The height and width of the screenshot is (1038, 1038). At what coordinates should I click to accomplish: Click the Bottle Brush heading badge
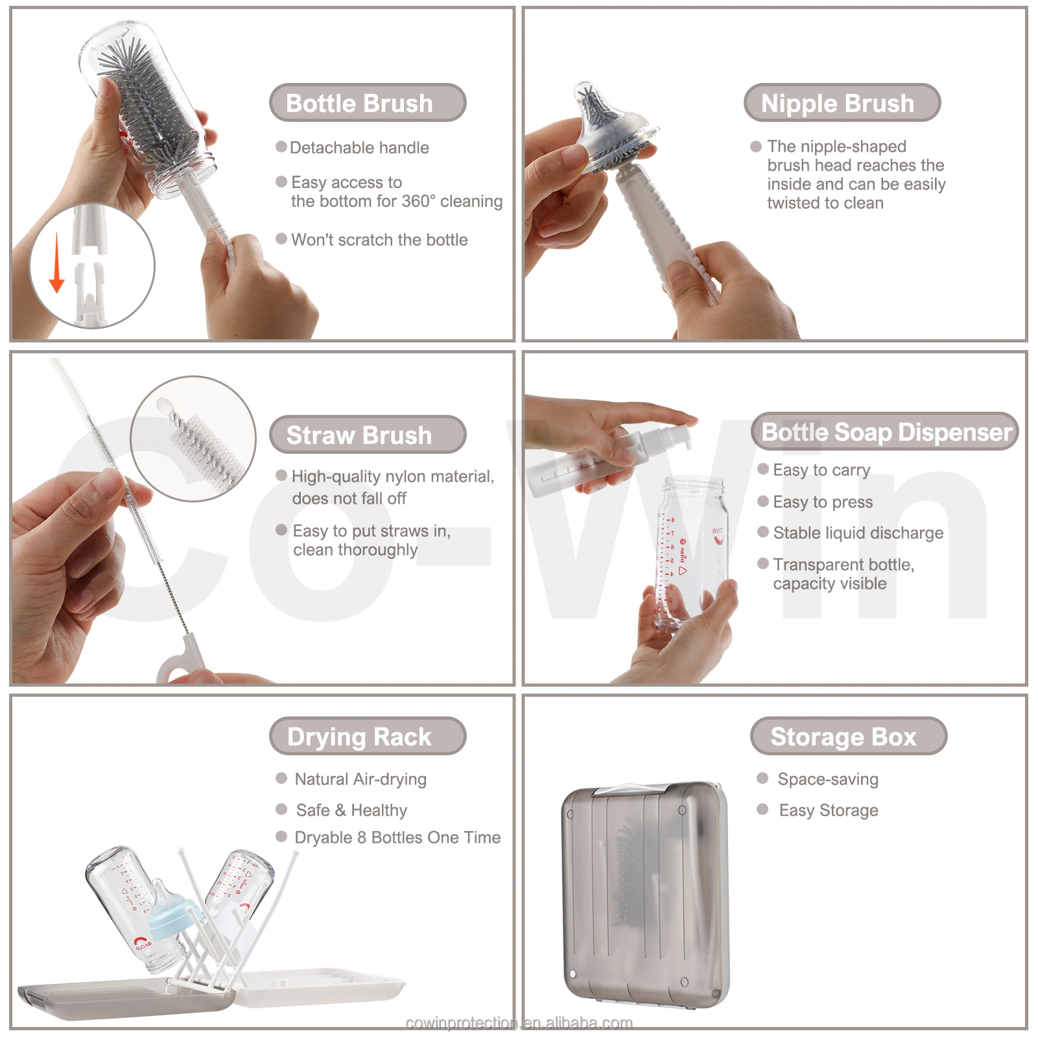tap(368, 102)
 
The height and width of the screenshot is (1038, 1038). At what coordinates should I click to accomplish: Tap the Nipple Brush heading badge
tap(842, 102)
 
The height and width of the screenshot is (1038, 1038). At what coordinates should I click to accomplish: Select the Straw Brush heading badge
tap(368, 434)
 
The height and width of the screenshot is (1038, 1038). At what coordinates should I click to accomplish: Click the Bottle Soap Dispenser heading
tap(885, 432)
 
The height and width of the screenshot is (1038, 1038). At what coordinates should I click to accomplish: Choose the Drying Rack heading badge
tap(368, 736)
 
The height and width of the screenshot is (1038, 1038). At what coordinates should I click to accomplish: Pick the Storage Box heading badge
tap(848, 736)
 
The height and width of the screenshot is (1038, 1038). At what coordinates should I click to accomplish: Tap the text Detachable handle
tap(359, 148)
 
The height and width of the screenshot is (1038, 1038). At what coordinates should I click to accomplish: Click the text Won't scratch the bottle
tap(379, 240)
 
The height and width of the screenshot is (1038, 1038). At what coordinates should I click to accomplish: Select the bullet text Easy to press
tap(822, 502)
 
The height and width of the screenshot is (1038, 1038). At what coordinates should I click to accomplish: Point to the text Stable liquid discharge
tap(857, 533)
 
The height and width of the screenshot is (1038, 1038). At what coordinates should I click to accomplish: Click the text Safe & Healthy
tap(351, 810)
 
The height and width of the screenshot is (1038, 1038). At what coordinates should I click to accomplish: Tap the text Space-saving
tap(827, 779)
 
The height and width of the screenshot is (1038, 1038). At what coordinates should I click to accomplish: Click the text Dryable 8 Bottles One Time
tap(397, 838)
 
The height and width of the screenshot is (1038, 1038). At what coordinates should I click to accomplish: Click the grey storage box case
tap(645, 895)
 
